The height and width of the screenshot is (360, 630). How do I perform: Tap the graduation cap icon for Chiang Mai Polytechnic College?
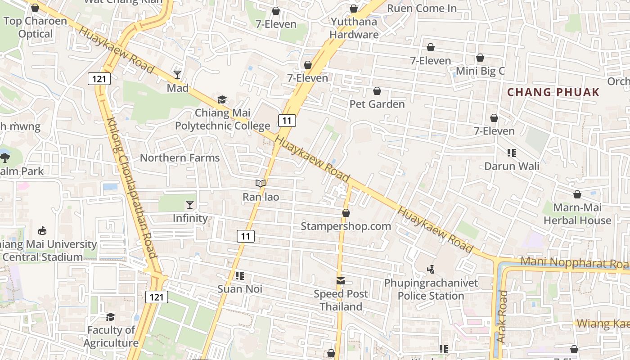pos(222,99)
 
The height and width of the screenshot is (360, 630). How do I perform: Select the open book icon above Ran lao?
pos(261,183)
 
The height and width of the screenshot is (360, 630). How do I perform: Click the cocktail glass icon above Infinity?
pos(190,205)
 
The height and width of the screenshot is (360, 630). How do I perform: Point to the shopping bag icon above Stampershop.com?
pos(346,213)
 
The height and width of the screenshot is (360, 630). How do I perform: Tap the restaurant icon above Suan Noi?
pos(239,275)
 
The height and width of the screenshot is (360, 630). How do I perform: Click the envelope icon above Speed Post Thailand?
pos(341,281)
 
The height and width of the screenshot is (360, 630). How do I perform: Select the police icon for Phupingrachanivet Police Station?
pos(431,270)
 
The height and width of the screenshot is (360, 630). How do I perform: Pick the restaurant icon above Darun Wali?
pos(511,153)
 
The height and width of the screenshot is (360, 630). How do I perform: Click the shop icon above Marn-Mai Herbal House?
pos(577,194)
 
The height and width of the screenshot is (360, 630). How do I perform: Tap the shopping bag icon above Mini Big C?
pos(480,58)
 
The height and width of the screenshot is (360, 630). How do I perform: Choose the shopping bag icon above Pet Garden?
pos(377,91)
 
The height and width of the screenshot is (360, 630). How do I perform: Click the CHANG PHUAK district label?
pos(553,92)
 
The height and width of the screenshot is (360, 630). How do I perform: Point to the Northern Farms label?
pos(180,158)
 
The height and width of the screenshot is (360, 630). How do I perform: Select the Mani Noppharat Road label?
pos(574,263)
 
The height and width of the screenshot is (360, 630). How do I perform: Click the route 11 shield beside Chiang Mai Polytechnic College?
pos(287,120)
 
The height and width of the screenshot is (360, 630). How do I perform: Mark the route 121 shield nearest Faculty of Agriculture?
pos(157,297)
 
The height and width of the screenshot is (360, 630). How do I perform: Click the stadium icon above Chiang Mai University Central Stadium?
pos(42,230)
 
